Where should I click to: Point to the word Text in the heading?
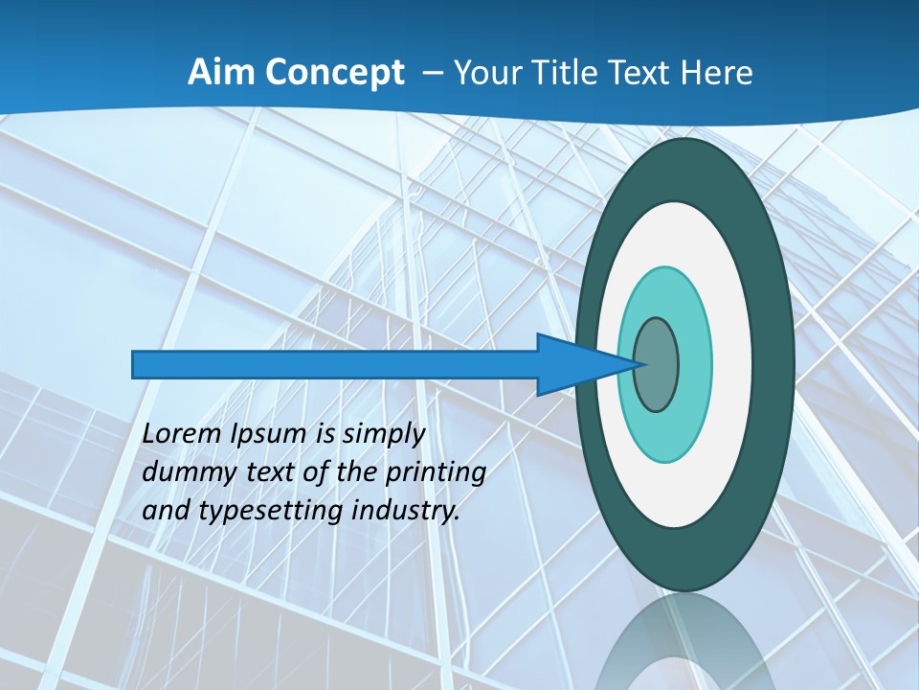pyautogui.click(x=644, y=72)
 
